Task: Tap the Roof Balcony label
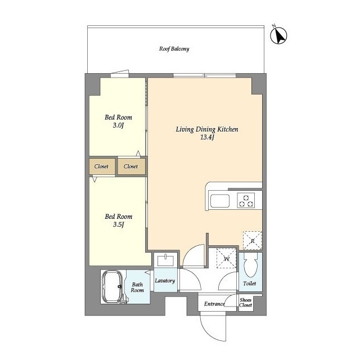(x=174, y=49)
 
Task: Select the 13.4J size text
(x=207, y=138)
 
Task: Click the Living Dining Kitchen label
(x=207, y=129)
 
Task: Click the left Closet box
(x=102, y=166)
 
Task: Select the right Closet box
(x=131, y=166)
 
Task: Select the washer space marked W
(x=227, y=258)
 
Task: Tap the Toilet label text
(x=250, y=283)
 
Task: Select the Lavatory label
(x=165, y=281)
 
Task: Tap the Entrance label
(x=214, y=304)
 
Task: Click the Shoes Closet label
(x=246, y=303)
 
